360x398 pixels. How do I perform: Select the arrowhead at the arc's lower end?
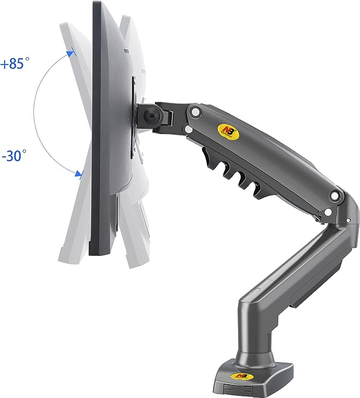[80, 174]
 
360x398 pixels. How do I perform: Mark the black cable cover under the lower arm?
[302, 276]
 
